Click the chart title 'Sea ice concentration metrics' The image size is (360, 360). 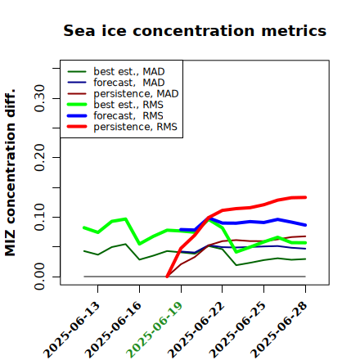195,30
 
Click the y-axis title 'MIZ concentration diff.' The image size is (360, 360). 10,173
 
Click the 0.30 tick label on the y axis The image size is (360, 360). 40,98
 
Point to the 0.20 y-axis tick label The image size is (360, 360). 40,157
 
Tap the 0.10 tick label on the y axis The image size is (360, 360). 40,217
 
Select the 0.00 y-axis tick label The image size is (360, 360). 40,277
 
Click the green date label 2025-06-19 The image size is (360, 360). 155,330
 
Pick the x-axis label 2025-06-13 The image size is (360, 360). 71,330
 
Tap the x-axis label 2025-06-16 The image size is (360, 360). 113,330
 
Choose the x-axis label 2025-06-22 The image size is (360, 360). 196,330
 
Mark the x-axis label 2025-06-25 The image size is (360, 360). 237,330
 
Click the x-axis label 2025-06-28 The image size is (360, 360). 279,330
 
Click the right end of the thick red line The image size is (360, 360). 305,197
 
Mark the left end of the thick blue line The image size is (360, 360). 181,230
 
